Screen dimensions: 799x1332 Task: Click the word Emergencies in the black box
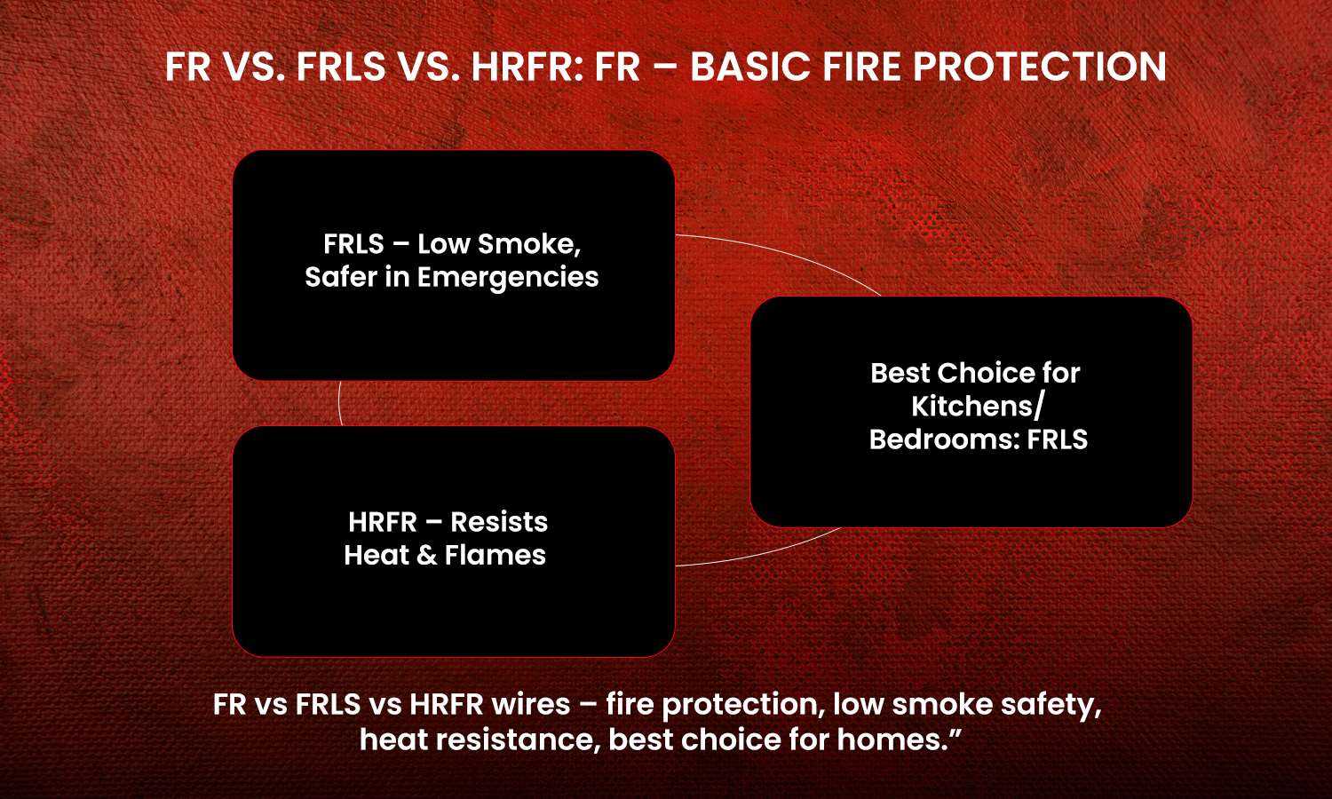(508, 278)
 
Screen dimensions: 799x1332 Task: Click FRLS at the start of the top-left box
(353, 244)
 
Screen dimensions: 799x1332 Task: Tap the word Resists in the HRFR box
(499, 522)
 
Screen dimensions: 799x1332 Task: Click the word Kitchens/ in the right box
(978, 407)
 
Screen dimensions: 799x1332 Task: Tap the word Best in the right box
(899, 373)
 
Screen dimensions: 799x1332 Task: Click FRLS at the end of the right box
(1058, 440)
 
